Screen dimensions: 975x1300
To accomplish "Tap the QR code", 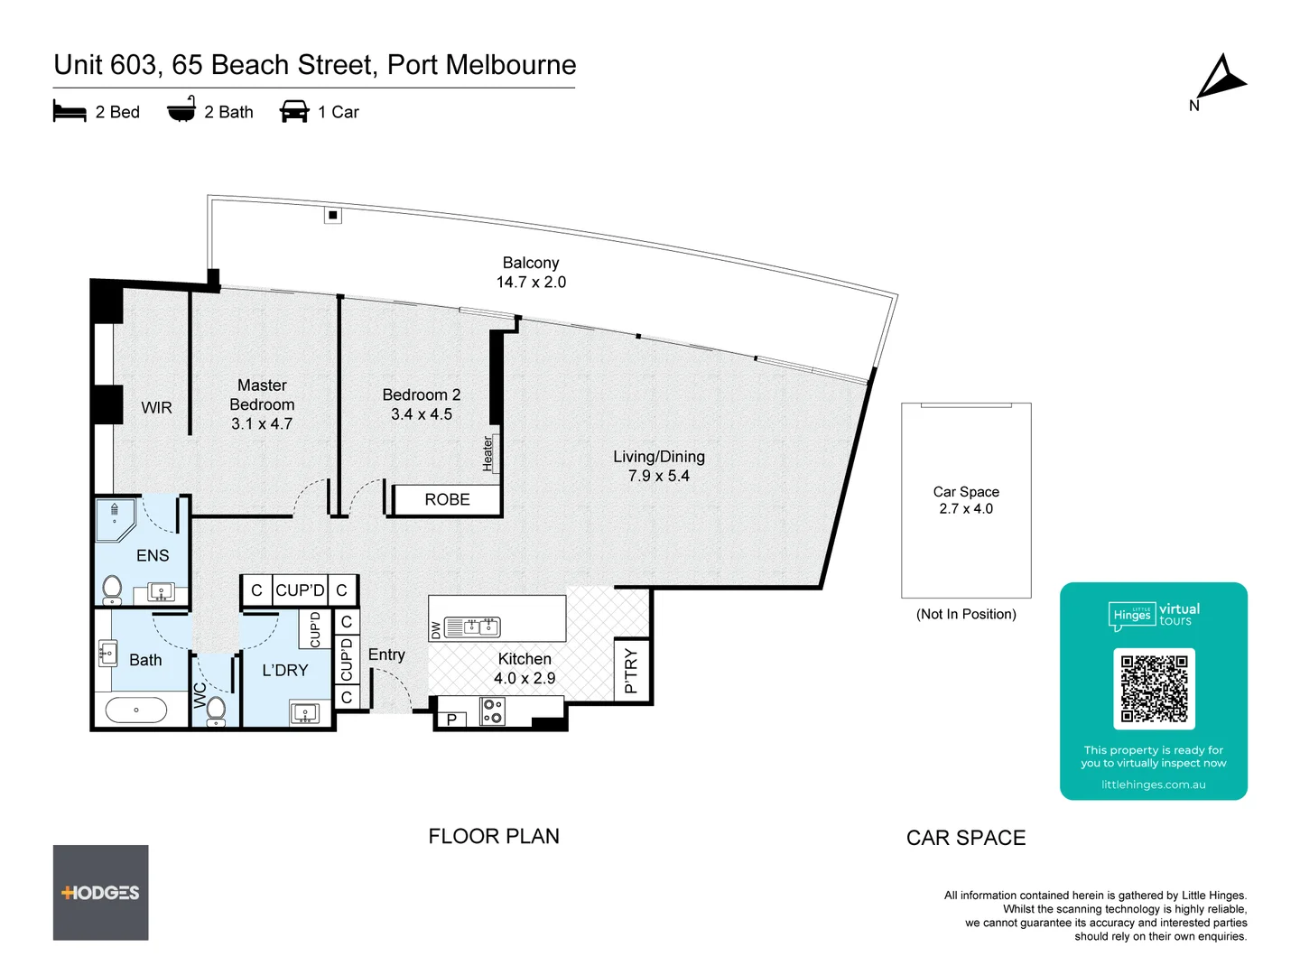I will [x=1154, y=689].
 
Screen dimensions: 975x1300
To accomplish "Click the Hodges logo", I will [x=100, y=893].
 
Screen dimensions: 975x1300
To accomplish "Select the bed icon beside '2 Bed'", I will [x=70, y=112].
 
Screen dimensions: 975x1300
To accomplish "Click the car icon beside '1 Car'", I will [x=294, y=112].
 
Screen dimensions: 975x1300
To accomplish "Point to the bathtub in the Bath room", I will [x=136, y=710].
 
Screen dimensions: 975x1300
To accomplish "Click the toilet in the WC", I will [x=217, y=710].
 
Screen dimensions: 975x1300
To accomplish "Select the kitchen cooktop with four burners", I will [x=493, y=710].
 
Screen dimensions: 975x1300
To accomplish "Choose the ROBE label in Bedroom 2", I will [x=447, y=499].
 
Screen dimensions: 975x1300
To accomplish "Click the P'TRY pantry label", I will [x=630, y=672].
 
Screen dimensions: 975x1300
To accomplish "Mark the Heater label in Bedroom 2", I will [x=488, y=453].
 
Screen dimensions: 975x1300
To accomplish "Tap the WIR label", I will [x=156, y=408].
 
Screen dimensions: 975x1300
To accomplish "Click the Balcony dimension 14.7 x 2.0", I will [x=531, y=283].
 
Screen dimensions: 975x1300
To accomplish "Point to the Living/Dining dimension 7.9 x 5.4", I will [x=658, y=476].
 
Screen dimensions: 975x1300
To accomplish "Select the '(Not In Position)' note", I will [x=966, y=614].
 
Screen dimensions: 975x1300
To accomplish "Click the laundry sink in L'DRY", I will [x=304, y=713].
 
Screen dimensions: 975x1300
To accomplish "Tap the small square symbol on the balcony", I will [x=333, y=215].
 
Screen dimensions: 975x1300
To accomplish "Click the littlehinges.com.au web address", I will [x=1153, y=785].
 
